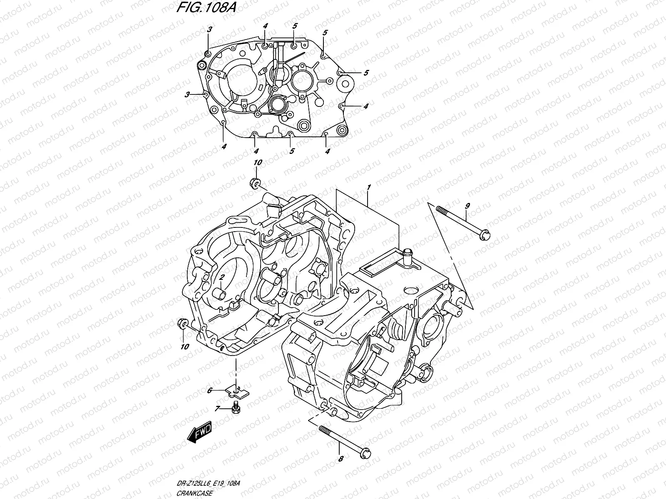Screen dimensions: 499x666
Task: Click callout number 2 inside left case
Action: point(223,277)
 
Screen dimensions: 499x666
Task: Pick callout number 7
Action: point(217,410)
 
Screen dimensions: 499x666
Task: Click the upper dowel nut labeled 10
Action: point(255,183)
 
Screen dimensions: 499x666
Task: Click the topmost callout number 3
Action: point(210,30)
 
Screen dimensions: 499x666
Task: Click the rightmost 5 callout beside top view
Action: point(366,73)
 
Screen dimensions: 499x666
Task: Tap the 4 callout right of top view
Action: point(365,106)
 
